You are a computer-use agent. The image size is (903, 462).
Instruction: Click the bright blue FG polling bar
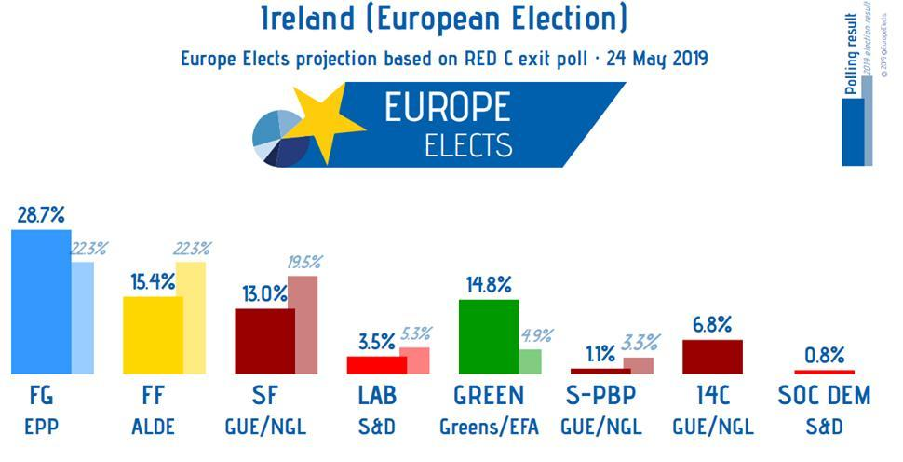tap(40, 300)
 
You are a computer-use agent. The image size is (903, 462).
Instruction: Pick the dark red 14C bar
tap(712, 356)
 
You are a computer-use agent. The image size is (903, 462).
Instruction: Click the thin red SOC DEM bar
tap(824, 371)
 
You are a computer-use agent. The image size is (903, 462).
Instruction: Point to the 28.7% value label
tap(41, 215)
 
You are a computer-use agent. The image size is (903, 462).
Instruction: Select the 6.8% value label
tap(711, 325)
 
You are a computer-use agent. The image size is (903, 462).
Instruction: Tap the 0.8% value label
tap(824, 355)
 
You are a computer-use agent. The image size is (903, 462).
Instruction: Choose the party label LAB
tap(377, 395)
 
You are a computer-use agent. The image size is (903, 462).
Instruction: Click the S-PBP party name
tap(600, 395)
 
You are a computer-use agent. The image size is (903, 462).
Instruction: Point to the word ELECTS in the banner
tap(467, 145)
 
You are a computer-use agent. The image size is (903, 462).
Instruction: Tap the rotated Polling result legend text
tap(851, 56)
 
